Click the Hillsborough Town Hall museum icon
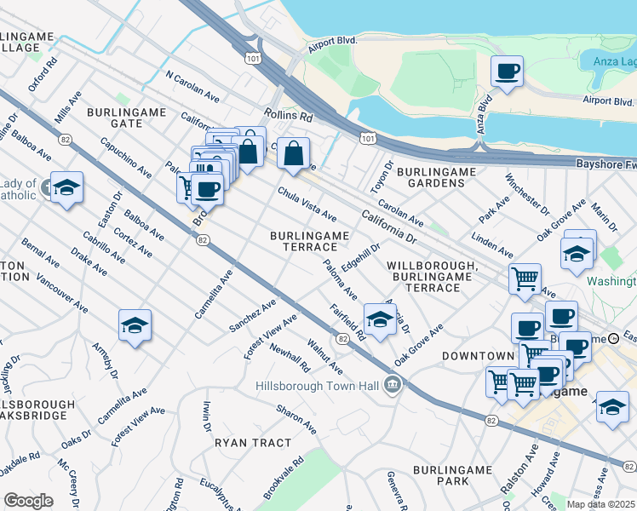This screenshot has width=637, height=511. (x=392, y=386)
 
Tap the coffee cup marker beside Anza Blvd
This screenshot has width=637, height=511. (x=507, y=72)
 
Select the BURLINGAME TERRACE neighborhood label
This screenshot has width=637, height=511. (x=309, y=241)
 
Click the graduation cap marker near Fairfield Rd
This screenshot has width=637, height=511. (x=380, y=319)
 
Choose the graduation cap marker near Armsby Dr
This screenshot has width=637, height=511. (x=135, y=325)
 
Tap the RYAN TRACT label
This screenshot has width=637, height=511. (x=252, y=443)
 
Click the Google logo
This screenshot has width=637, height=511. (x=28, y=501)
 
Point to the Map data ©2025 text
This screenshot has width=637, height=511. (x=601, y=504)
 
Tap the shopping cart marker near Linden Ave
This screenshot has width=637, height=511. (x=525, y=278)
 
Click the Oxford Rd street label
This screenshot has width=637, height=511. (x=43, y=74)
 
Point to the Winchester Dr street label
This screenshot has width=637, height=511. (x=526, y=194)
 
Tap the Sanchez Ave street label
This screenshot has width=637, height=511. (x=253, y=316)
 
